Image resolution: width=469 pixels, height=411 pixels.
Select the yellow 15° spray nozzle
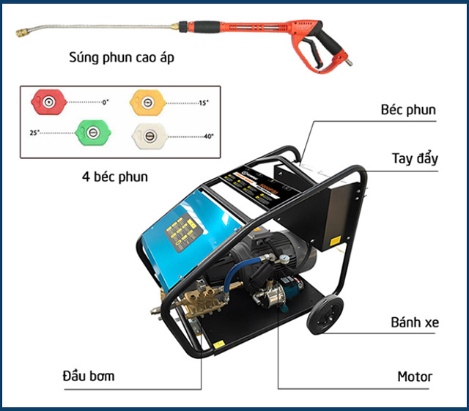click(146, 101)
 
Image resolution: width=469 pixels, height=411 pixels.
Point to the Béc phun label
click(408, 111)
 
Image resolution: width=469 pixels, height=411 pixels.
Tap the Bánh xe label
click(414, 322)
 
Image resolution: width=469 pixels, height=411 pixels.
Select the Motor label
click(415, 377)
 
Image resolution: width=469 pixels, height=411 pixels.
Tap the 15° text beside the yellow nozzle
click(203, 103)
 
